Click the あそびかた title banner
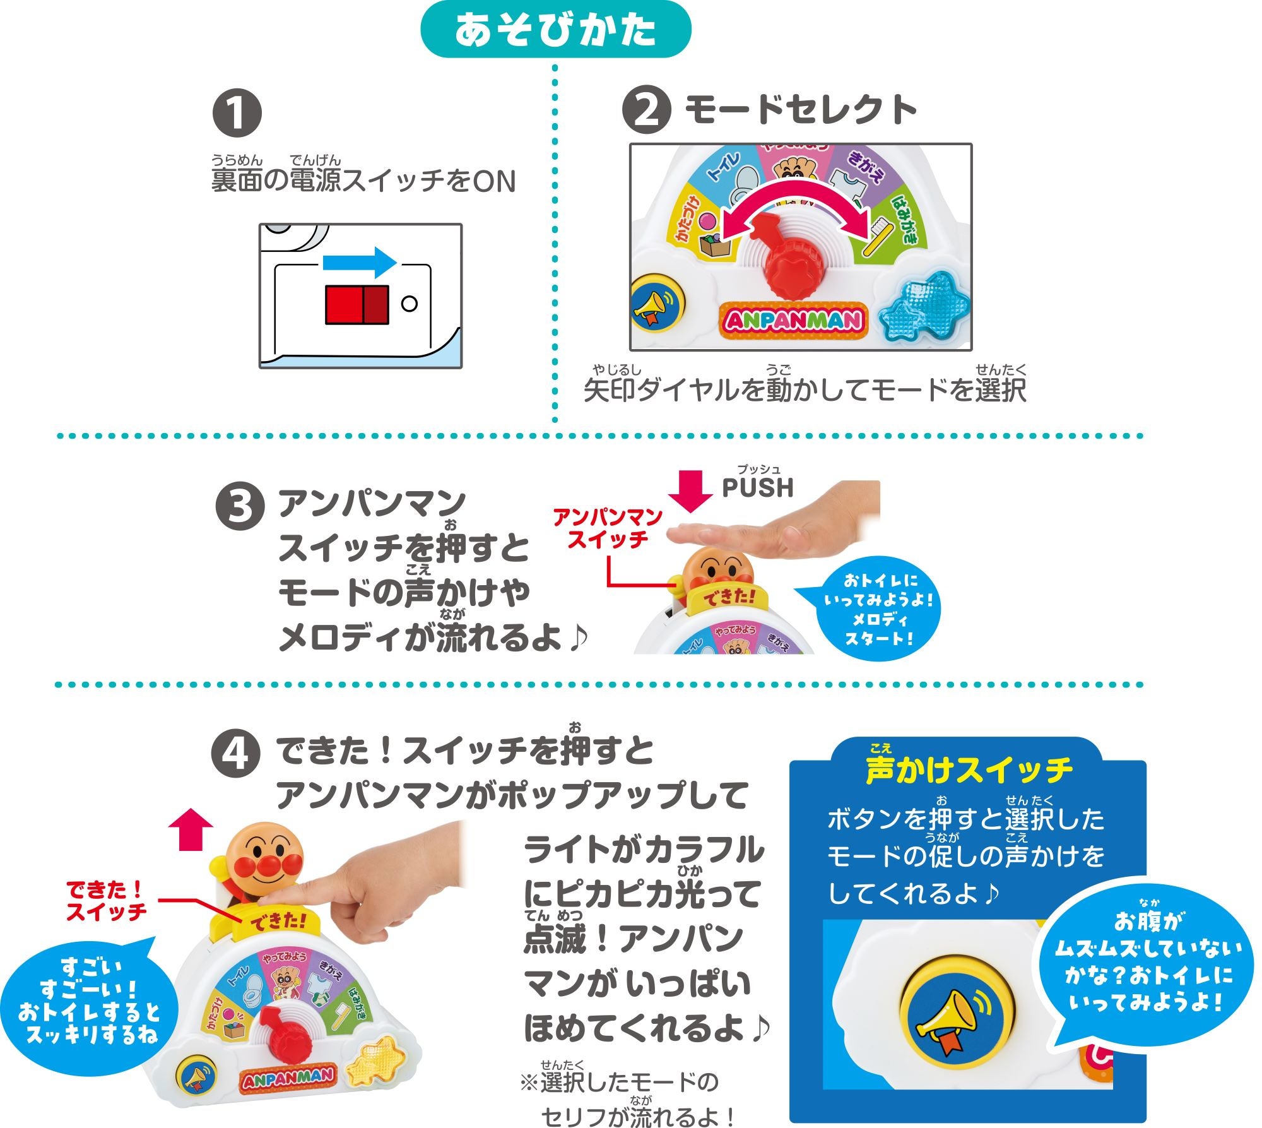pos(555,30)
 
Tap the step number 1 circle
pos(237,113)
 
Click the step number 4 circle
pos(235,753)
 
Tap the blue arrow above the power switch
pos(358,261)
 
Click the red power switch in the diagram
pos(357,304)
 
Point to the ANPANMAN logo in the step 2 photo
pos(793,321)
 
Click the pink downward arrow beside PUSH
pos(690,490)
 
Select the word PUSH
pos(757,488)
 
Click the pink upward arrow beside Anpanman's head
pos(191,831)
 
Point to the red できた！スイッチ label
pos(106,901)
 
